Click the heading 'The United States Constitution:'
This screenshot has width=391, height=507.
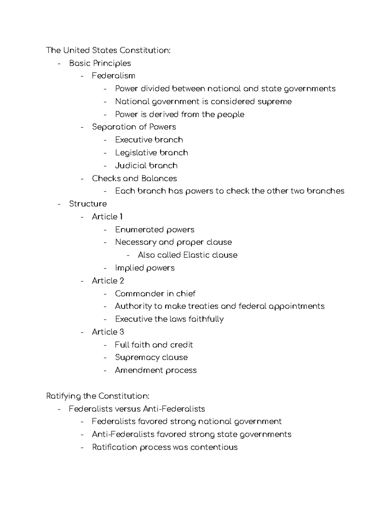tap(108, 50)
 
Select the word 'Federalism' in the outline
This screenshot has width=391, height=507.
tap(113, 76)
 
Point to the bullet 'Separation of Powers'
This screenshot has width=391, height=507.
tap(134, 127)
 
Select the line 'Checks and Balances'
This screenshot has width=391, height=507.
tap(134, 178)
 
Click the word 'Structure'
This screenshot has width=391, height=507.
tap(88, 204)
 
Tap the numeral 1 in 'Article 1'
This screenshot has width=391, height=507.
tap(121, 217)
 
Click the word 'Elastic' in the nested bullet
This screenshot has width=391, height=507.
tap(196, 255)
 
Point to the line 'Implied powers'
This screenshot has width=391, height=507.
tap(145, 268)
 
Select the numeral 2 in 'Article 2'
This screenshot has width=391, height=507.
tap(122, 281)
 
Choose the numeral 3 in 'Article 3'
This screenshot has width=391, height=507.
tap(122, 332)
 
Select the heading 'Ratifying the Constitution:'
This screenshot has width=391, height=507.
tap(98, 396)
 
